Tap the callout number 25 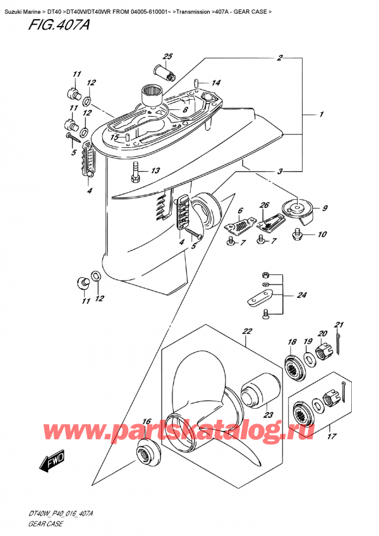167,58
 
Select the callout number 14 216,83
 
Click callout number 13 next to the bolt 155,171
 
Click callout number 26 264,205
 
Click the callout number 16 147,422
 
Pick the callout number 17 329,435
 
